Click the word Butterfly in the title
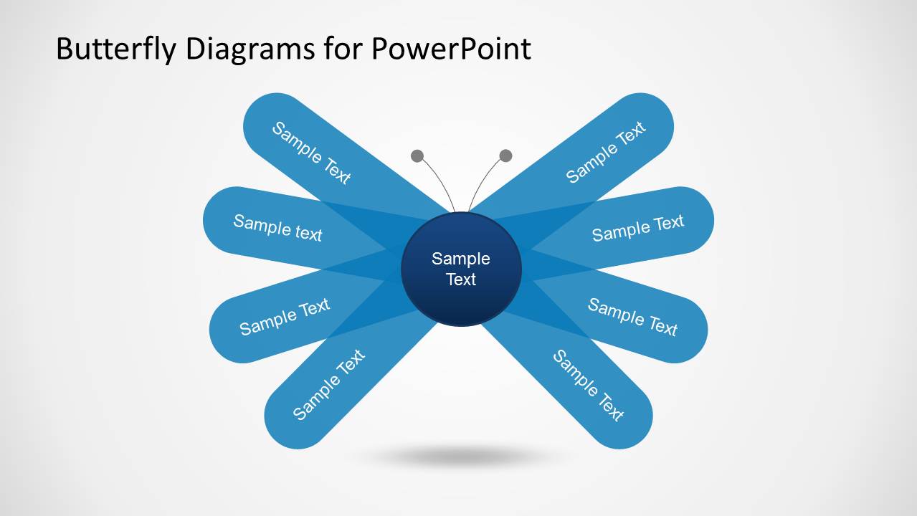click(x=115, y=49)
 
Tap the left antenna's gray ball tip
click(x=417, y=156)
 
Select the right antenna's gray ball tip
click(x=505, y=156)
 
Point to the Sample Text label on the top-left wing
click(x=311, y=153)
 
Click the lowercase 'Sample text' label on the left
click(x=277, y=227)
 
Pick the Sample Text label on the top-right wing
click(x=606, y=153)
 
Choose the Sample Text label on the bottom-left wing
click(x=329, y=385)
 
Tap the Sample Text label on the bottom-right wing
click(x=588, y=385)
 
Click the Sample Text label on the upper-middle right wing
click(x=638, y=228)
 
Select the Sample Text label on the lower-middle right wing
click(x=632, y=317)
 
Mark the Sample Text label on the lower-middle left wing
click(x=285, y=317)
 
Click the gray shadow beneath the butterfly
click(x=461, y=456)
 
